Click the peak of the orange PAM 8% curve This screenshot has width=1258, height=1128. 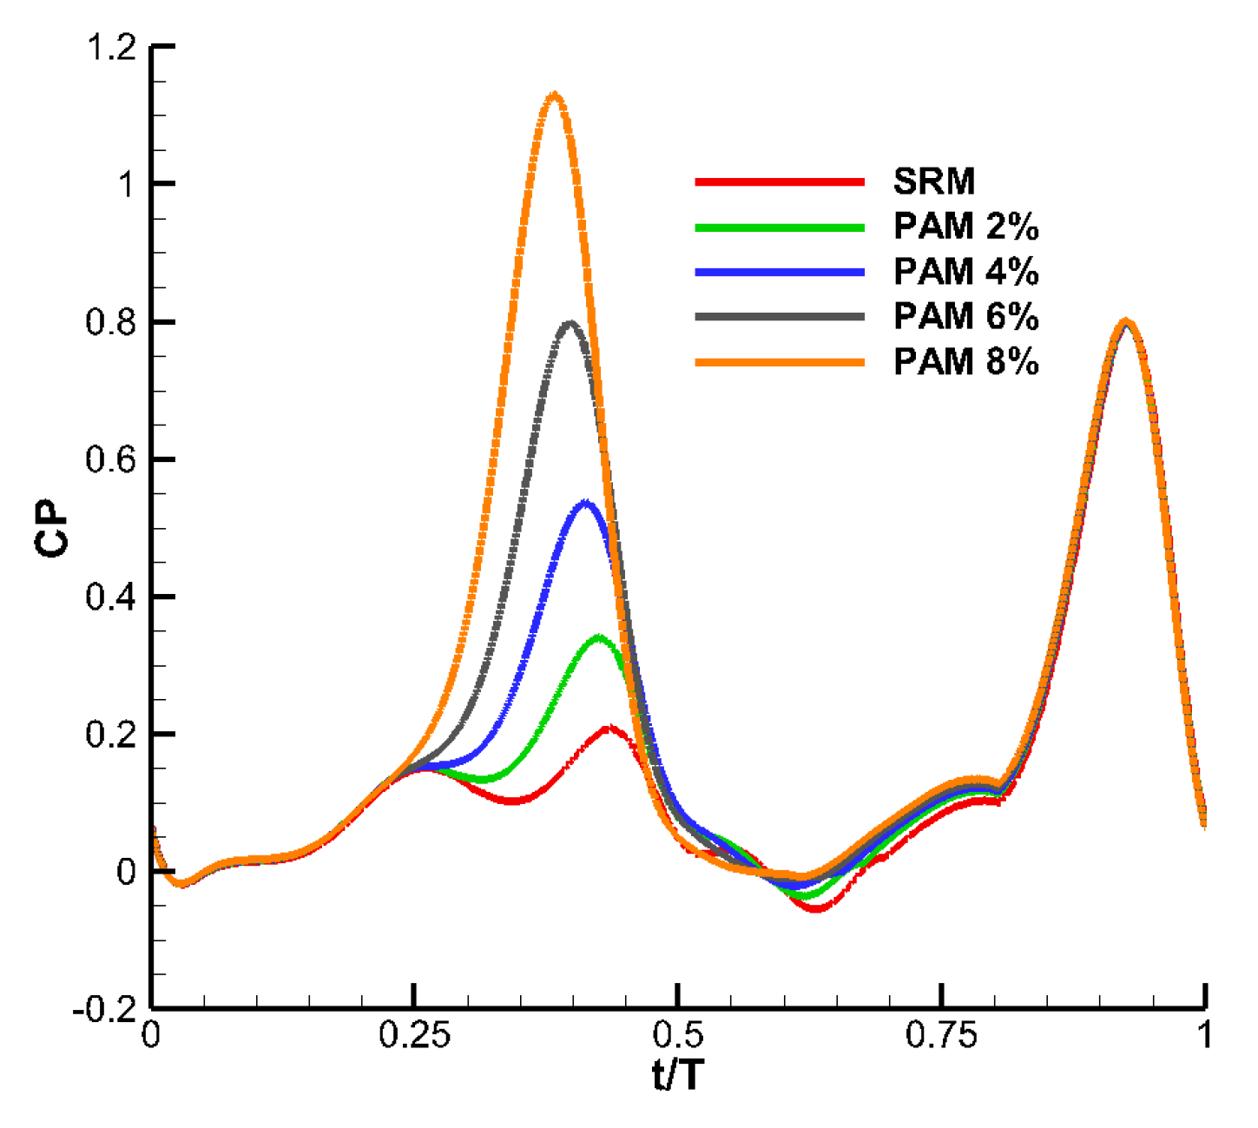pos(554,95)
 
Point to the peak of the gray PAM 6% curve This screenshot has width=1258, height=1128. pos(570,324)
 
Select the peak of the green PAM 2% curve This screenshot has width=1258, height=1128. pos(599,639)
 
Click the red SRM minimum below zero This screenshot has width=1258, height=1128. pos(816,907)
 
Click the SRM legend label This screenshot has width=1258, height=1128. pos(934,181)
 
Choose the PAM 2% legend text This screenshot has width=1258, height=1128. pos(965,227)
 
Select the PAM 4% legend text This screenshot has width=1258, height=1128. pos(965,272)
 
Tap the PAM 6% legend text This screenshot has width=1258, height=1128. pos(965,317)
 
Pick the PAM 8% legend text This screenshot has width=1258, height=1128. pos(965,362)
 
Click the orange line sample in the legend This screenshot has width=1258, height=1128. pos(779,362)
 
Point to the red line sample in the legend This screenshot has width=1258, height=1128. pos(779,181)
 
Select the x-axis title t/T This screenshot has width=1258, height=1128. pos(678,1076)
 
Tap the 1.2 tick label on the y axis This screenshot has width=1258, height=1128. pos(110,47)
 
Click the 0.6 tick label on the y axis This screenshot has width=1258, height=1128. pos(110,459)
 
